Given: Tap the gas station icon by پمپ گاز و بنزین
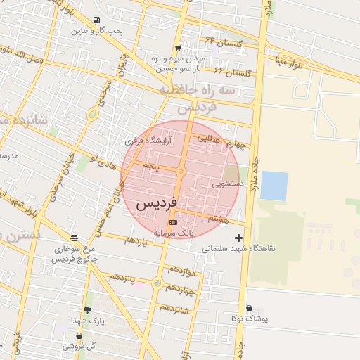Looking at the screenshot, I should point(96,20).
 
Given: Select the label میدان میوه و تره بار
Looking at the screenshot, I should point(178,63).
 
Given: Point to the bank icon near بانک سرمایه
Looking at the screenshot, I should point(174,222).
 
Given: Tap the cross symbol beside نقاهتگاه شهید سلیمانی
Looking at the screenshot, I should point(239,238).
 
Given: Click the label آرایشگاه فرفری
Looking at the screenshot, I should point(148,141).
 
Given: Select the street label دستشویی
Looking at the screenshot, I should point(228,184).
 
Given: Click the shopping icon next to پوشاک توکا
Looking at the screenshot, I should point(249,308).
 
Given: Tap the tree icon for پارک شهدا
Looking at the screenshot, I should point(87,310).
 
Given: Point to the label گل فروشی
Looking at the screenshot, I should point(79,346).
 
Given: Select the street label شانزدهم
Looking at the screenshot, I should point(175,308).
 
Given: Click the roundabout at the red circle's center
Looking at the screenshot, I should point(181,172).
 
